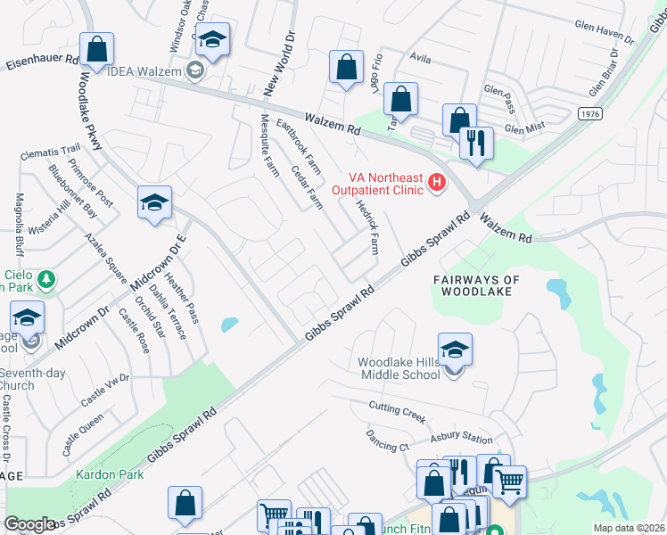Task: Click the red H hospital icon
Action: (x=437, y=184)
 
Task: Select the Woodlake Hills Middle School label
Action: (x=399, y=368)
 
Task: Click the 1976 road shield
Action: (x=589, y=114)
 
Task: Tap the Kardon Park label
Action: (x=110, y=475)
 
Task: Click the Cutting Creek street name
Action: (x=399, y=412)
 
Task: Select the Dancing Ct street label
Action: (x=387, y=440)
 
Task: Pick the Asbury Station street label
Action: (x=462, y=438)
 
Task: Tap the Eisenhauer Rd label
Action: (x=42, y=65)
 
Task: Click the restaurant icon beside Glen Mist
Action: (x=476, y=142)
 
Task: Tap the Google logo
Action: (x=29, y=524)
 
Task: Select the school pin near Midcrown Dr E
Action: (x=154, y=204)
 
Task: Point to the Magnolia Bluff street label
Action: (x=18, y=224)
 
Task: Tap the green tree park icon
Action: (x=45, y=279)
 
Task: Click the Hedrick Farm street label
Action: (x=367, y=228)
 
